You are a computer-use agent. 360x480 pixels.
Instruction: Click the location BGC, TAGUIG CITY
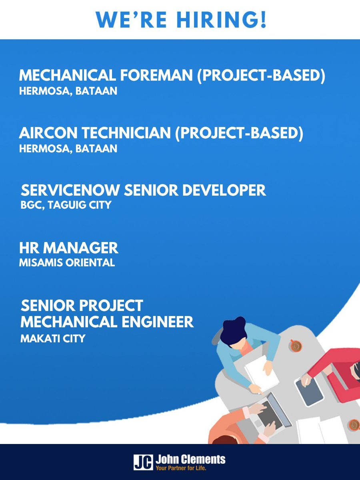click(x=66, y=205)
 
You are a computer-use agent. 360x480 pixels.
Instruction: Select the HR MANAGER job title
click(x=69, y=248)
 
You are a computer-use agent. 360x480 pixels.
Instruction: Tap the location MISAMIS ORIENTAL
click(x=67, y=263)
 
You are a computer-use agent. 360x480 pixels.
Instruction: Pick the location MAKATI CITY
click(x=53, y=338)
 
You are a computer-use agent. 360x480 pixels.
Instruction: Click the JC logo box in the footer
click(x=143, y=462)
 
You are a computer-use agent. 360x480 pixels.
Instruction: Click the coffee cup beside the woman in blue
click(x=296, y=346)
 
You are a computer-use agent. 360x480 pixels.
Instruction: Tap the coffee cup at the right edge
click(x=354, y=424)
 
